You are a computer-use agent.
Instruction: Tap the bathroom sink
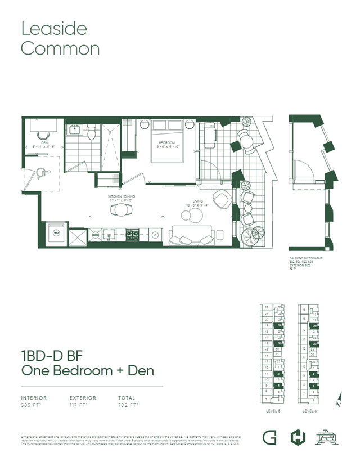pyautogui.click(x=75, y=131)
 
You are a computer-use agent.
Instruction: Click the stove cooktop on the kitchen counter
pyautogui.click(x=133, y=233)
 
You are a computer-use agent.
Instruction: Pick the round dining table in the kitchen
pyautogui.click(x=121, y=210)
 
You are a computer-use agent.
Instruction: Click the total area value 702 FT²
pyautogui.click(x=128, y=404)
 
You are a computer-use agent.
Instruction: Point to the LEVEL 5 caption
pyautogui.click(x=273, y=411)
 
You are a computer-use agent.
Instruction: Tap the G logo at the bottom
pyautogui.click(x=269, y=437)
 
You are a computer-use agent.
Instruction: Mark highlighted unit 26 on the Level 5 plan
pyautogui.click(x=280, y=326)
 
